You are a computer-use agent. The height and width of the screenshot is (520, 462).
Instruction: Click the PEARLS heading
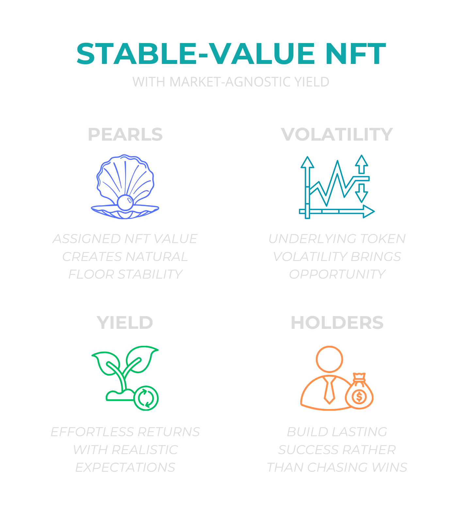125,134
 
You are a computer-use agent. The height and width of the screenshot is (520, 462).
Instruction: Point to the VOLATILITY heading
337,134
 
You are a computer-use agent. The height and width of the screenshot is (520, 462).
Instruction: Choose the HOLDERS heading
337,323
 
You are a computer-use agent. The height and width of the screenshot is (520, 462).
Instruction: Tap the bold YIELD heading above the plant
125,323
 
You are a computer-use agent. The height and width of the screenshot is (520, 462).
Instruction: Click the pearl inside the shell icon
125,203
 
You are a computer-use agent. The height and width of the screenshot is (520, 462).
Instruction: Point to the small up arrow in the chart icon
361,164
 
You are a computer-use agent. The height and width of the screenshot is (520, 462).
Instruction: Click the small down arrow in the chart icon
361,193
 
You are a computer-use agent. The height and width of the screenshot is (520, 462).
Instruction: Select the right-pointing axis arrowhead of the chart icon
369,211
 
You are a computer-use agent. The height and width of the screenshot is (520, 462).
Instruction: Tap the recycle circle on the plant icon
146,398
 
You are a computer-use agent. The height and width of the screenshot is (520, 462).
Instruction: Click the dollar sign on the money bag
359,397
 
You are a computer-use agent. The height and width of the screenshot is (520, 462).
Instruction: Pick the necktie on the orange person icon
329,390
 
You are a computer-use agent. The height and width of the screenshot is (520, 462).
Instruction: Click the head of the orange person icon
329,359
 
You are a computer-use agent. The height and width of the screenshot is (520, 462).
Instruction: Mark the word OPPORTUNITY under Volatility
337,274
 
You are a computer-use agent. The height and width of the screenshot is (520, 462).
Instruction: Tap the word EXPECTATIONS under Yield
125,467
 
